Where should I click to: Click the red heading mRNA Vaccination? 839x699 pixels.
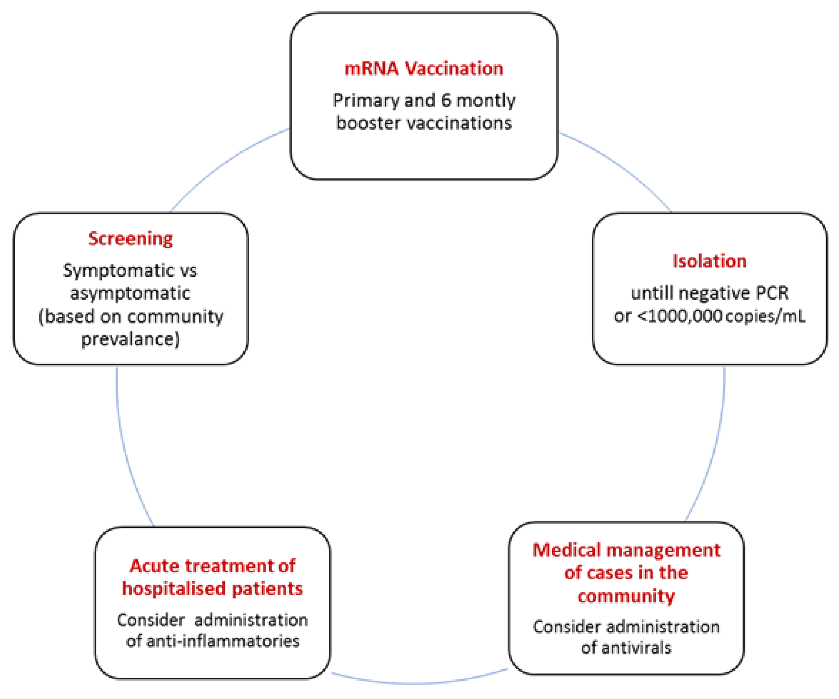click(x=424, y=69)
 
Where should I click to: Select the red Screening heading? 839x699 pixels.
click(x=131, y=239)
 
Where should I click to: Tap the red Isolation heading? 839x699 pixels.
click(x=709, y=261)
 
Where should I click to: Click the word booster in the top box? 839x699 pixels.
click(x=368, y=123)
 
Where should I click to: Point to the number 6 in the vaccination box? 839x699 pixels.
click(x=446, y=100)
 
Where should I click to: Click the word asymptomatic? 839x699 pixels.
click(x=130, y=293)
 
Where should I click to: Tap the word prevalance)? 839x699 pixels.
click(x=130, y=339)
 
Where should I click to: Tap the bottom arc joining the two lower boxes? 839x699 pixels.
click(x=417, y=683)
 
